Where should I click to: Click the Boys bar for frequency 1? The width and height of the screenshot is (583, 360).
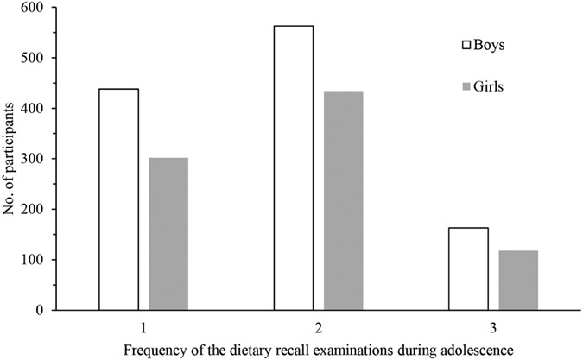pyautogui.click(x=118, y=199)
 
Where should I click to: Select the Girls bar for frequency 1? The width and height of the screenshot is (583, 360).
pyautogui.click(x=168, y=233)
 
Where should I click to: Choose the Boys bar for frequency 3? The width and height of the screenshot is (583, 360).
pyautogui.click(x=468, y=268)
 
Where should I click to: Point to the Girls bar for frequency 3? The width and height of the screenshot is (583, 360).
pyautogui.click(x=518, y=280)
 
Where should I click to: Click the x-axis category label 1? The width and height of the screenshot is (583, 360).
pyautogui.click(x=143, y=327)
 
